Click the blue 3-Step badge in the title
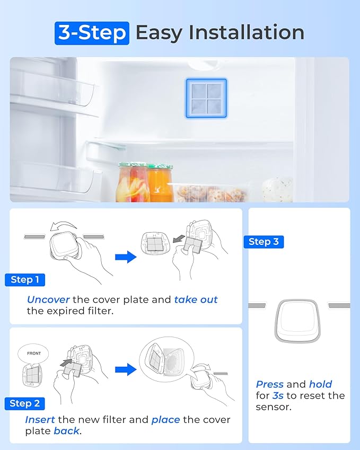(x=92, y=33)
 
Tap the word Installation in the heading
(x=247, y=32)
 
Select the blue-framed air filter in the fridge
(x=206, y=98)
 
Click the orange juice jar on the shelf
(x=160, y=183)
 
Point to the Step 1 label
(x=25, y=280)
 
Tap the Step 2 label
(x=25, y=403)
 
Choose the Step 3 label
(x=264, y=242)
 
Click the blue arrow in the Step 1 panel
(x=126, y=257)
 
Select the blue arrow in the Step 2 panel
(x=126, y=369)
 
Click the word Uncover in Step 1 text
(x=48, y=299)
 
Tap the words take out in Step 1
(x=196, y=299)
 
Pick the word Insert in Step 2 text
(x=40, y=420)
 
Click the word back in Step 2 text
(x=66, y=431)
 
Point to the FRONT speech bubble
(x=33, y=354)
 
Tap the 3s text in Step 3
(x=278, y=396)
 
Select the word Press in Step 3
(x=269, y=384)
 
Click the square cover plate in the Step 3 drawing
(x=297, y=321)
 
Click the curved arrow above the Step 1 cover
(x=63, y=225)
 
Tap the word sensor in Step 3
(x=273, y=407)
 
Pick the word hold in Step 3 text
(x=320, y=384)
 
